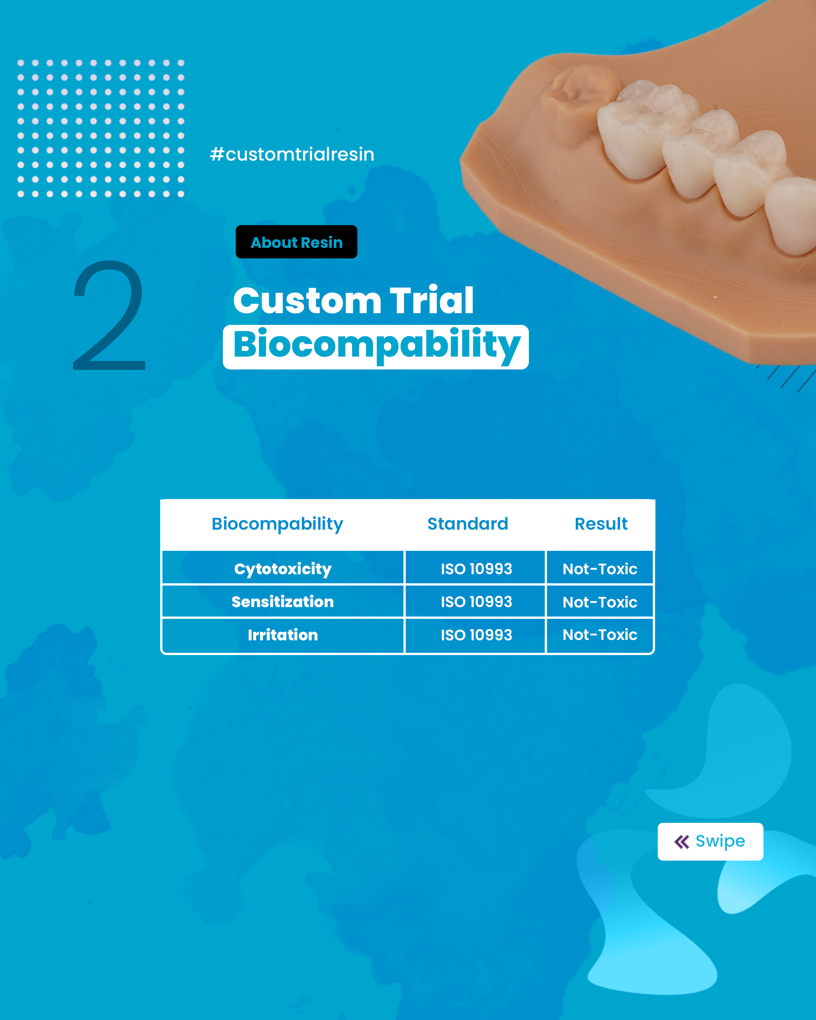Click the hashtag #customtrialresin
tap(292, 154)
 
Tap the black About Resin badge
tap(297, 242)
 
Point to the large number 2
tap(109, 315)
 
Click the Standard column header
tap(467, 524)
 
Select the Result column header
tap(601, 524)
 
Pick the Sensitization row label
tap(283, 602)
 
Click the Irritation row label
tap(283, 635)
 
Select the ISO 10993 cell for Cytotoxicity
tap(476, 569)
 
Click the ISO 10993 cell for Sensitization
tap(476, 602)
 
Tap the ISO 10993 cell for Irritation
tap(476, 635)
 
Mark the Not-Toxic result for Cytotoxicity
tap(600, 569)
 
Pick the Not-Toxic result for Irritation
tap(600, 635)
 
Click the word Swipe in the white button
tap(720, 842)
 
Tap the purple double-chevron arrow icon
tap(682, 842)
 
